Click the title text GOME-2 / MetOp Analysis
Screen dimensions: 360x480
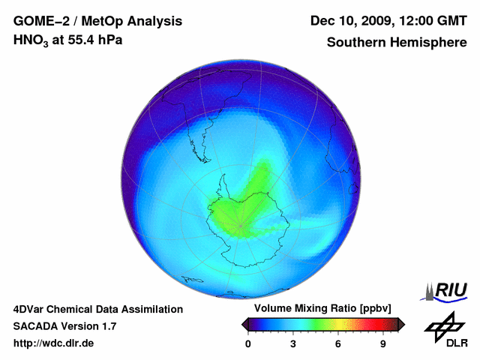(97, 22)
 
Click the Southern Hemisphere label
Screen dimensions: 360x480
(396, 43)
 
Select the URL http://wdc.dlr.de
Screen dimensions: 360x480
(53, 343)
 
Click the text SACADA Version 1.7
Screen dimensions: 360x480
(64, 326)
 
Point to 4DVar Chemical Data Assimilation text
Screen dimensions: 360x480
(97, 309)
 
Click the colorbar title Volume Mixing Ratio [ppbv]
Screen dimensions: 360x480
(322, 309)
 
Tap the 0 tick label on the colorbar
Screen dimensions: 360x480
(248, 344)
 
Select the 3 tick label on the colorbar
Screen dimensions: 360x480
(293, 344)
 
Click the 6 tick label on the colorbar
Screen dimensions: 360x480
(338, 344)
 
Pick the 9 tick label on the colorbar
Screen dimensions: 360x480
(383, 344)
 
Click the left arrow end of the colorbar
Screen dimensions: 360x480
(244, 324)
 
